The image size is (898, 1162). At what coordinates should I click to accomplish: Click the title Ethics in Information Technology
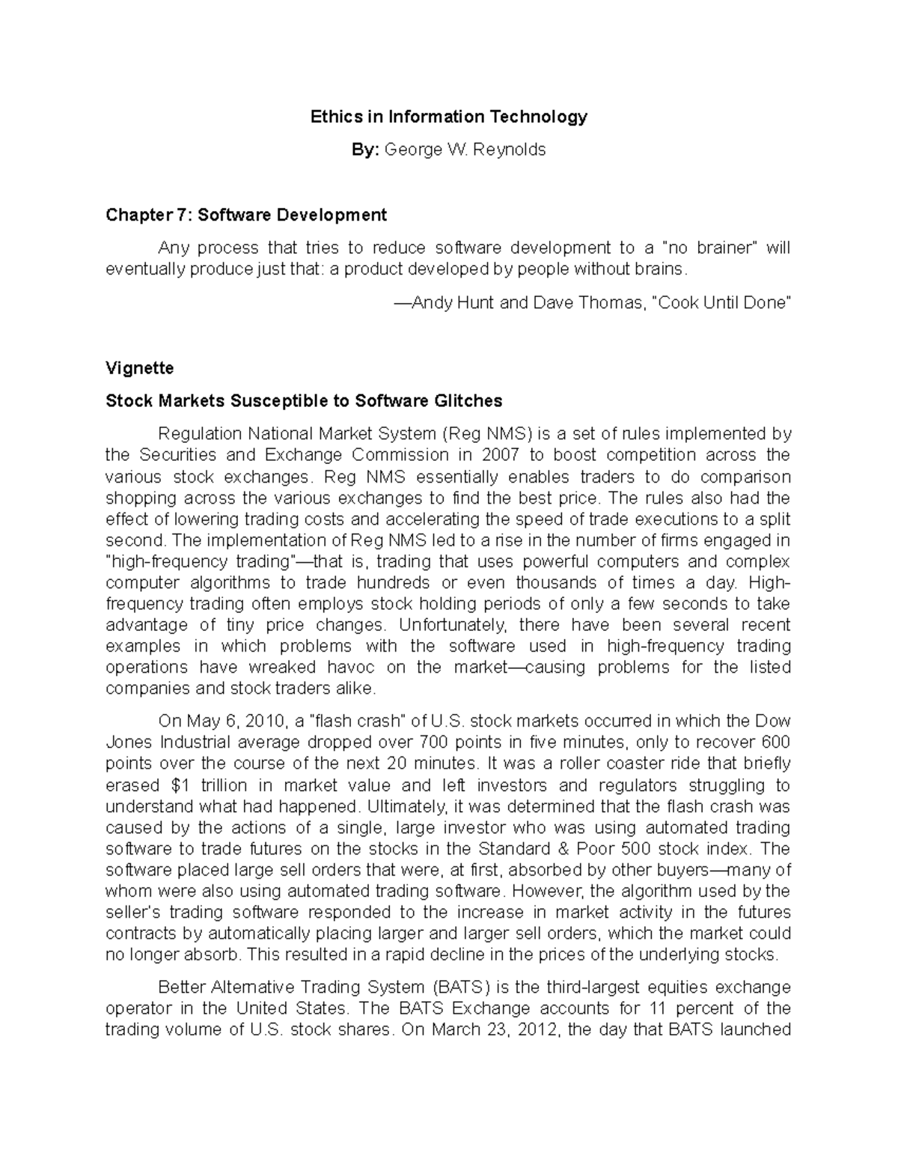(x=449, y=117)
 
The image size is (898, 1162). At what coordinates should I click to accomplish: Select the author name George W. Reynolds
(x=465, y=150)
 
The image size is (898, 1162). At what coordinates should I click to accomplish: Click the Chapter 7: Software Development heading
(x=246, y=215)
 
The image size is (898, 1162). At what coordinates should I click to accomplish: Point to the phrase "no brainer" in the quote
(x=716, y=248)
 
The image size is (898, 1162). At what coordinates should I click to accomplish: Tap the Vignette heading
(x=140, y=368)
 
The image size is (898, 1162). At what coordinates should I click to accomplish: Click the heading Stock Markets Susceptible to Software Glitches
(x=304, y=401)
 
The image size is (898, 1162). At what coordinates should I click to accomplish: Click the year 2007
(x=500, y=455)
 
